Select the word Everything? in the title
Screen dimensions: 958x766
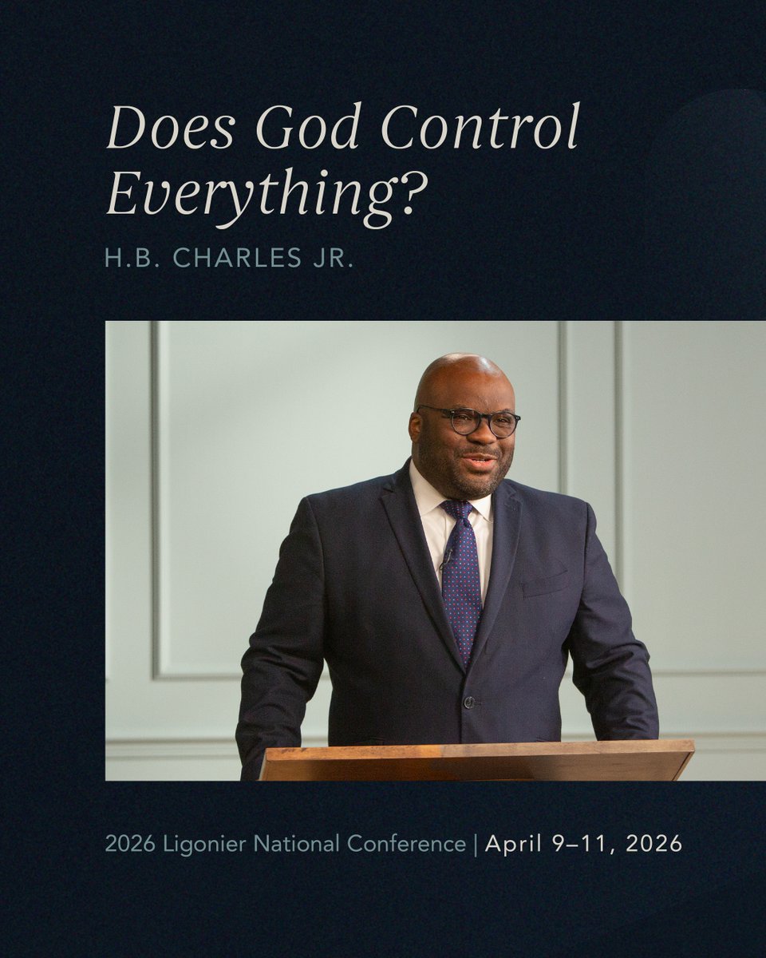click(262, 195)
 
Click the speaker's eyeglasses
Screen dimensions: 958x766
click(469, 421)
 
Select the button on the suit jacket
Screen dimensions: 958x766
click(469, 703)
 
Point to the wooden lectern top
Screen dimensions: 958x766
click(477, 758)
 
